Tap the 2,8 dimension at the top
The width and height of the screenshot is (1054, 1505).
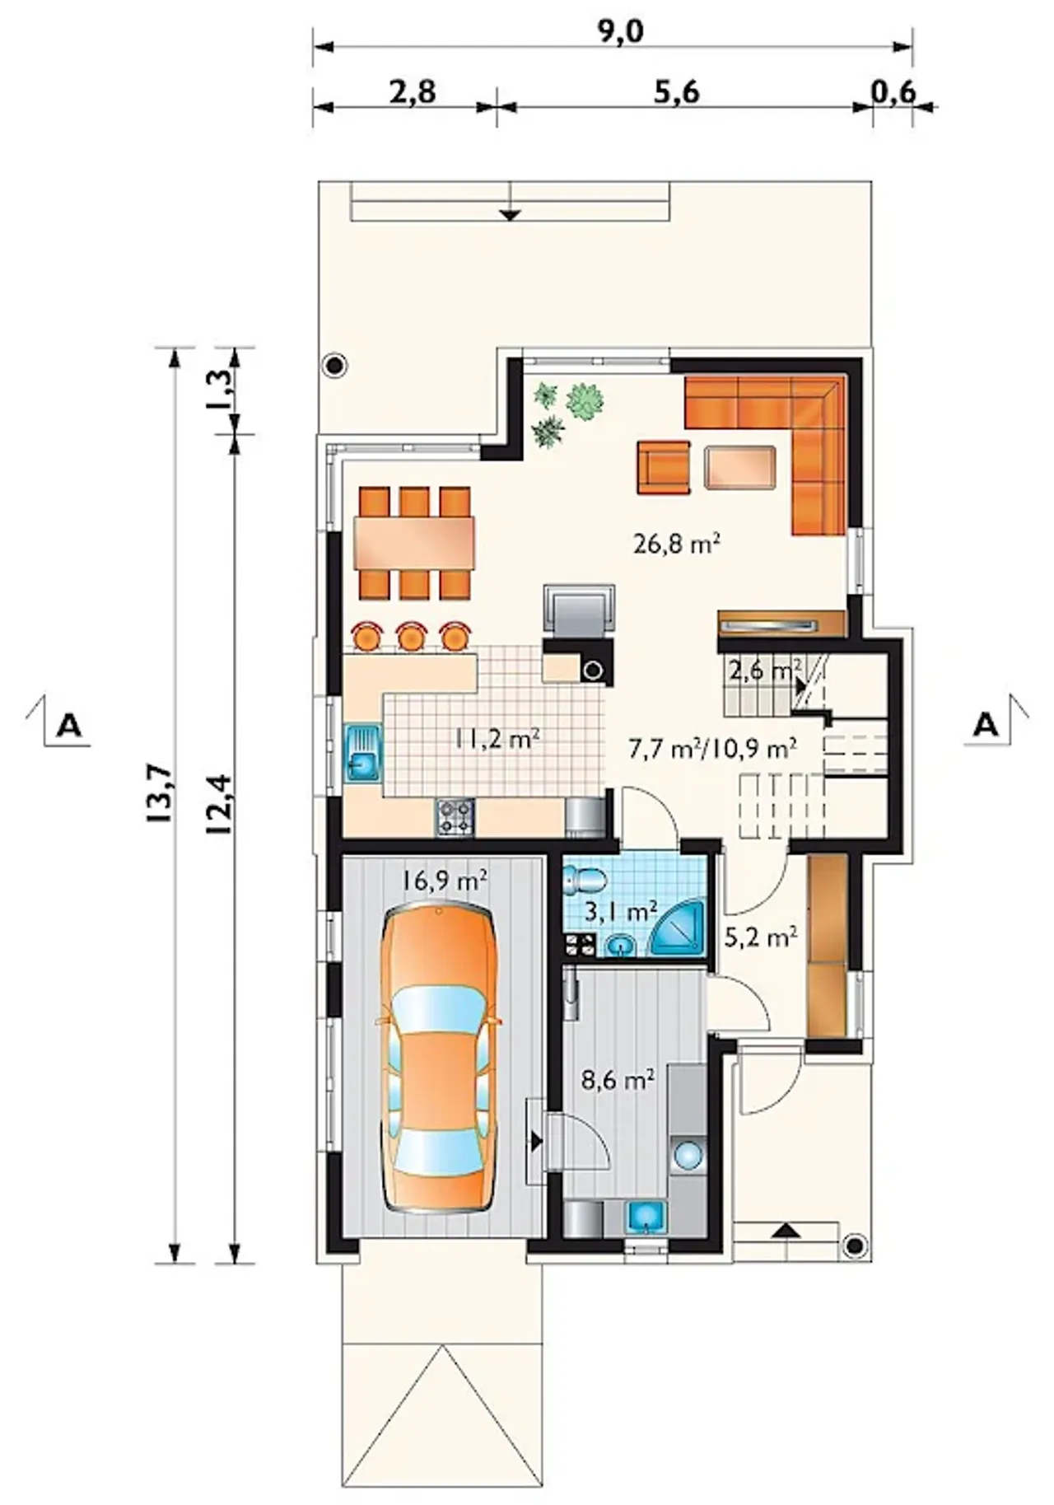click(413, 91)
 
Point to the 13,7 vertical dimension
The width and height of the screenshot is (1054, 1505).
click(161, 792)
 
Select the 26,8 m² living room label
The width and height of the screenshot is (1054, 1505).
click(678, 543)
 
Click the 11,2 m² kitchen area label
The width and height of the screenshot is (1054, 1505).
click(497, 738)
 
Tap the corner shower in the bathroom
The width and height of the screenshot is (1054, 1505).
click(679, 928)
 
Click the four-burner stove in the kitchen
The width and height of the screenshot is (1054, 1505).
click(455, 817)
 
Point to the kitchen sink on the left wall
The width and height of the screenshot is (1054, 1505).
click(362, 752)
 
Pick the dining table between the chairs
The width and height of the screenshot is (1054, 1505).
click(416, 544)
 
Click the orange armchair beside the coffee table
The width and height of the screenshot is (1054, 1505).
click(663, 468)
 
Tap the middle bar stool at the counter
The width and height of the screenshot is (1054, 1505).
click(411, 636)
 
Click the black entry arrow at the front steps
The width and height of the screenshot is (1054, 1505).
click(787, 1231)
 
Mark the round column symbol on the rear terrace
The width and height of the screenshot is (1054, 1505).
click(334, 365)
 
